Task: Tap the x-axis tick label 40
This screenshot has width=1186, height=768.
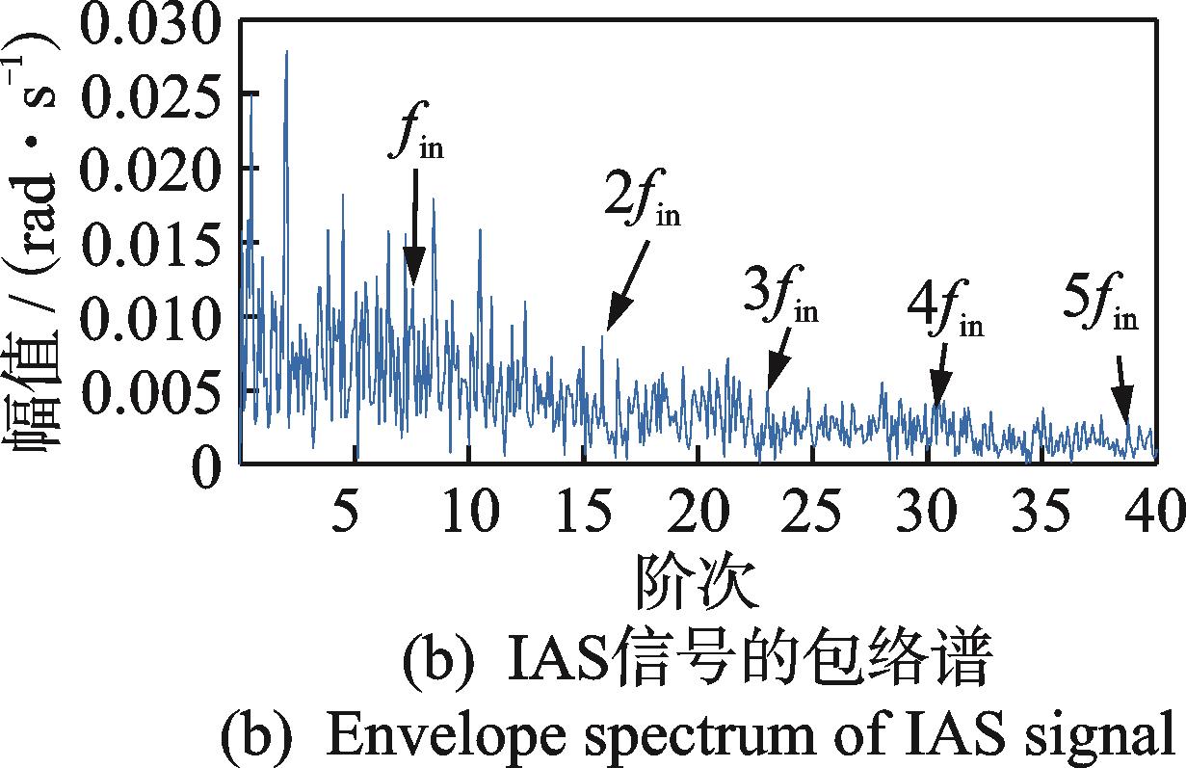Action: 1146,509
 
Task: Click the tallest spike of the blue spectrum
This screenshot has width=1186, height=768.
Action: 286,52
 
